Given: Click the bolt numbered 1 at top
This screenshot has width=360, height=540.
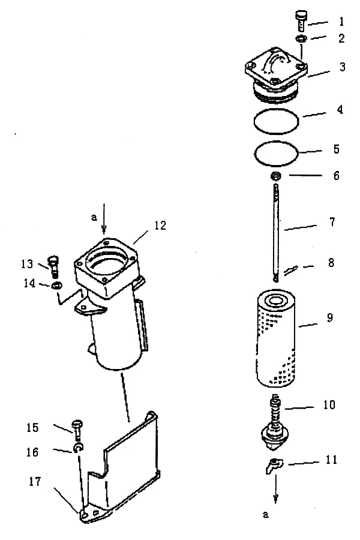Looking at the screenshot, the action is click(x=301, y=20).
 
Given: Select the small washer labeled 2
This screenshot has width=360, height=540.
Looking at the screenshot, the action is click(x=301, y=38).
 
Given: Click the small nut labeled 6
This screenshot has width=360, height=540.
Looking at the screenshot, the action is click(x=275, y=176).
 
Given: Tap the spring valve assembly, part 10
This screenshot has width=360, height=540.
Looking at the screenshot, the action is click(x=275, y=424).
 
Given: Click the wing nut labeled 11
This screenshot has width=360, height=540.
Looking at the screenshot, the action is click(x=274, y=465).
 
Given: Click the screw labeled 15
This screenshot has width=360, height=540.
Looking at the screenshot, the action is click(x=77, y=430).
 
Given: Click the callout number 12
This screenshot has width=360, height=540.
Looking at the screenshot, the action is click(x=160, y=226).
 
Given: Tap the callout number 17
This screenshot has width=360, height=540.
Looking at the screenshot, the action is click(x=35, y=481).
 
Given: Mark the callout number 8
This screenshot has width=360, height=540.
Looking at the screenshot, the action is click(x=331, y=263).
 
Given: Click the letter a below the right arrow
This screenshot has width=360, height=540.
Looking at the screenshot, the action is click(x=265, y=515).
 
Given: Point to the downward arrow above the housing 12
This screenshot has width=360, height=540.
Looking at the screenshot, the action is click(x=104, y=219).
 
